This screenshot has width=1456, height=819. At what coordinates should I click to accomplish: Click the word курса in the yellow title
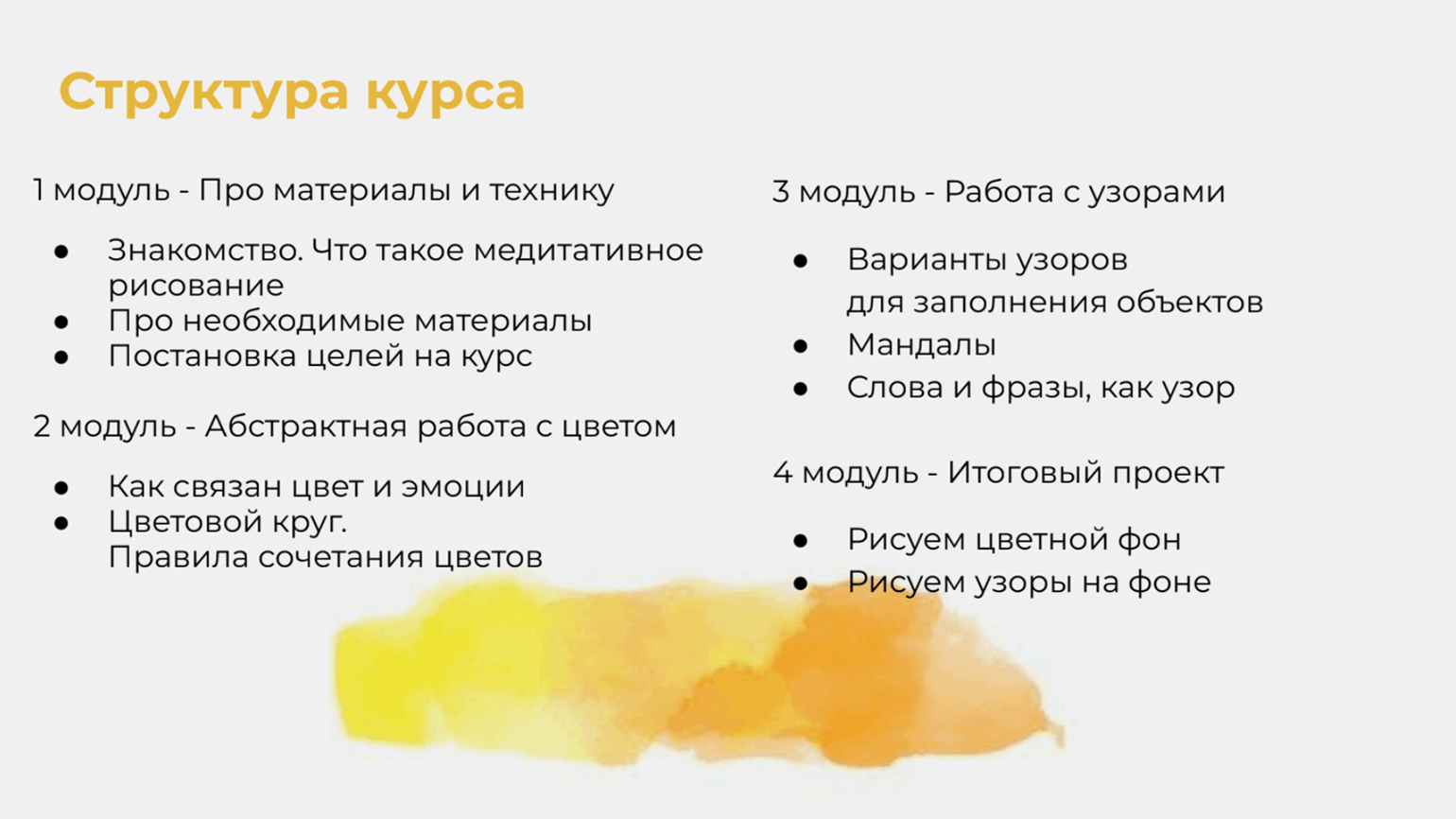(445, 93)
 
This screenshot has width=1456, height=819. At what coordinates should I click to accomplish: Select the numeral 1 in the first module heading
(40, 190)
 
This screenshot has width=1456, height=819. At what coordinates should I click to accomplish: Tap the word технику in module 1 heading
(552, 191)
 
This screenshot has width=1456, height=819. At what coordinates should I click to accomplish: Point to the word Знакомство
(205, 251)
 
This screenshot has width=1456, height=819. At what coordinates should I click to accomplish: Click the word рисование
(196, 286)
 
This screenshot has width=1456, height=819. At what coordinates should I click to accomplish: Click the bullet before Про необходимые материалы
(61, 322)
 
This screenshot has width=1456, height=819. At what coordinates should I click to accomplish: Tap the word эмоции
(463, 487)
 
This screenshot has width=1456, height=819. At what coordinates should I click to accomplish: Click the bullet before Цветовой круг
(61, 523)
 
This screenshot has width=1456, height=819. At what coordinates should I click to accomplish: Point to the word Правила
(178, 557)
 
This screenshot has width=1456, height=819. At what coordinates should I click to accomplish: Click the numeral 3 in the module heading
(780, 192)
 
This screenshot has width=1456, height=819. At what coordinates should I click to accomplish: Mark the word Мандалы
(922, 345)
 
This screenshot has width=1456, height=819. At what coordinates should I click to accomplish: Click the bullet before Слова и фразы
(801, 389)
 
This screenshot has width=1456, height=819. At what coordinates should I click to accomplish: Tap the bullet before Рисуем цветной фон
(801, 540)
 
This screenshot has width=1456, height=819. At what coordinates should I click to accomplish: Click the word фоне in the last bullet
(1170, 582)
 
